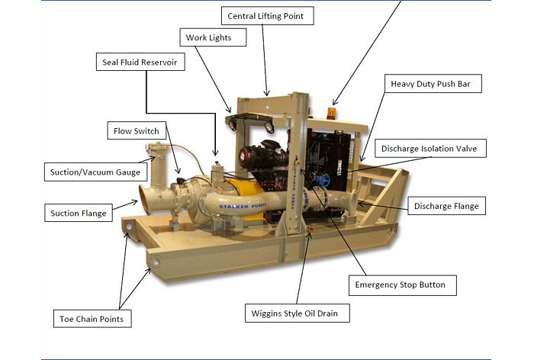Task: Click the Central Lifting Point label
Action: (x=267, y=16)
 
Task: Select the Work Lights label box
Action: (x=213, y=37)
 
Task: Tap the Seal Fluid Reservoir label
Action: (x=140, y=62)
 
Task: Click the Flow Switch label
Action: (x=137, y=130)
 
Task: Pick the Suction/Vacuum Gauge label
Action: (x=95, y=172)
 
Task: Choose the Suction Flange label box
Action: (x=79, y=213)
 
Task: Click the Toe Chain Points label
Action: (x=92, y=319)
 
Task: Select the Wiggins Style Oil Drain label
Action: (x=297, y=313)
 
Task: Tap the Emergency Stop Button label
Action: (x=403, y=285)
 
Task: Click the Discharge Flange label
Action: (x=446, y=206)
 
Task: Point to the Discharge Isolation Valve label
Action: (x=430, y=148)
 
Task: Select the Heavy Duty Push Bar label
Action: (x=433, y=83)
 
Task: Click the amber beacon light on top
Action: (x=332, y=113)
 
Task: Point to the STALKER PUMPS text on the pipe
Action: (x=243, y=206)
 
